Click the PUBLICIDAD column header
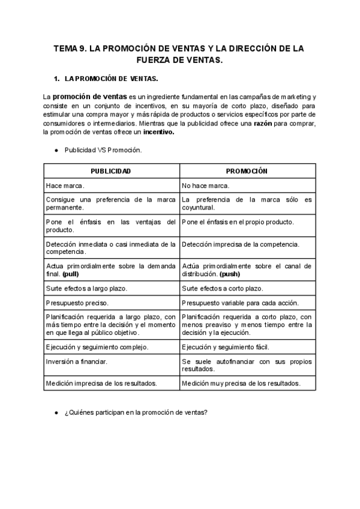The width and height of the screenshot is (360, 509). (x=111, y=171)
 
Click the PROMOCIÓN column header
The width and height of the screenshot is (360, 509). (x=247, y=171)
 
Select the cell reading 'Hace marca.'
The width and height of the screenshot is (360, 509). (x=65, y=186)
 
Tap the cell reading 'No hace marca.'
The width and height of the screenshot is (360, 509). (x=205, y=186)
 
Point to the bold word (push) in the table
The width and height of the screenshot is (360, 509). (x=230, y=273)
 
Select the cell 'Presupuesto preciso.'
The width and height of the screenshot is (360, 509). (x=77, y=303)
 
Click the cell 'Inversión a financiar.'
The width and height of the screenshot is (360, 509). (x=76, y=361)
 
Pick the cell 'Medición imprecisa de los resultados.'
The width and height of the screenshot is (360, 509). (x=101, y=382)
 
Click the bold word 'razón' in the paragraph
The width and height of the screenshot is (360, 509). (x=263, y=123)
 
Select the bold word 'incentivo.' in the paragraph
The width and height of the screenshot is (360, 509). (x=158, y=132)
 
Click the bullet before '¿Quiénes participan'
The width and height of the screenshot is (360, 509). (x=56, y=412)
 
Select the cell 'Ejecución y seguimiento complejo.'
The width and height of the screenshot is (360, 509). (x=97, y=346)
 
